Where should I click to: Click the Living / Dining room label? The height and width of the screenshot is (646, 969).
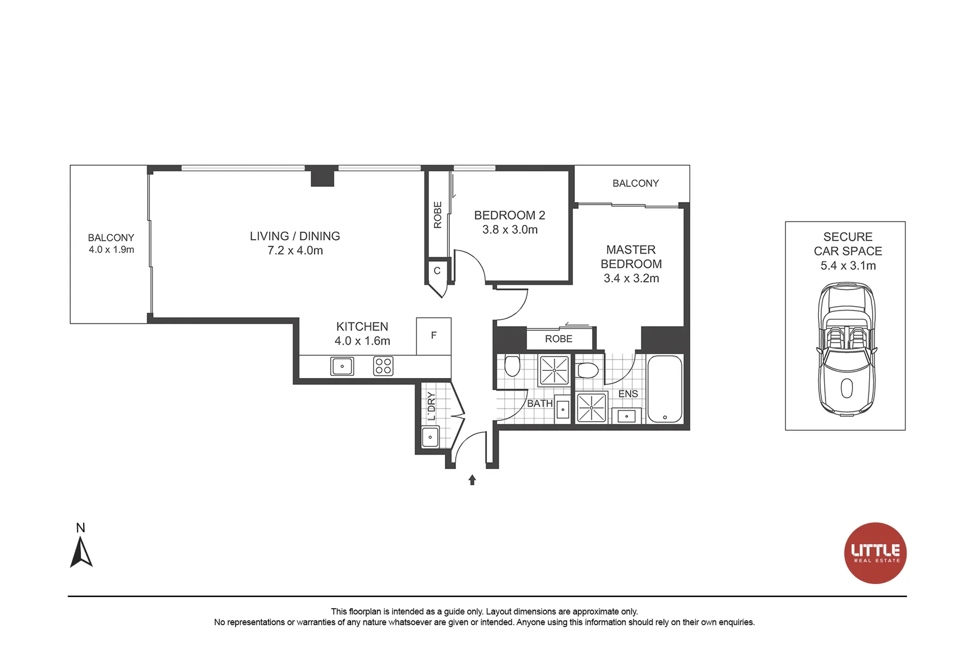(x=295, y=236)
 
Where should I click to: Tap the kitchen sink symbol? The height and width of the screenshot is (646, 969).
(x=342, y=366)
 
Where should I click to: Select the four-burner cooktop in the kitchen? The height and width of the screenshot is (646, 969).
(x=383, y=366)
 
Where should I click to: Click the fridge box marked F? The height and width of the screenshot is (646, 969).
(x=434, y=336)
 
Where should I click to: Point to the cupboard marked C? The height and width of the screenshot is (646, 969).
(x=437, y=271)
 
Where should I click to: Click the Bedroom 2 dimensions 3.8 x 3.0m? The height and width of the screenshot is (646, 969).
(x=510, y=230)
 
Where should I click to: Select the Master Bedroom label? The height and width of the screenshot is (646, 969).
(x=631, y=257)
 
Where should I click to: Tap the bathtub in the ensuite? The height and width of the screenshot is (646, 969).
(x=665, y=389)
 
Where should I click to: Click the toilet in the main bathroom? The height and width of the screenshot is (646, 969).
(x=512, y=365)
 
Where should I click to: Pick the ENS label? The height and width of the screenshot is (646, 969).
(x=628, y=394)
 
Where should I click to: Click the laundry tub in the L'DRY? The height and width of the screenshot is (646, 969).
(x=430, y=437)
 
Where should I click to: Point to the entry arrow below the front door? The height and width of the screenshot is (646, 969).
(x=472, y=480)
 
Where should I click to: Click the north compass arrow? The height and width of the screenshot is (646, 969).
(x=81, y=552)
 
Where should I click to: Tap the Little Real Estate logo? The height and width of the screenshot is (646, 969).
(x=875, y=553)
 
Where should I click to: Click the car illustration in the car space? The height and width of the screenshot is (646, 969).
(x=846, y=350)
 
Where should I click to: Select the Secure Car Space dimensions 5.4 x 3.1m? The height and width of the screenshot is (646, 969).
(x=848, y=266)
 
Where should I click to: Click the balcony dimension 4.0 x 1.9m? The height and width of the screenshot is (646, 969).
(x=111, y=250)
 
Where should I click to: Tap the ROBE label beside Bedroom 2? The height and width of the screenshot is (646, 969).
(x=437, y=215)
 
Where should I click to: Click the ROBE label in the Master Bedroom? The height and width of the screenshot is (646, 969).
(x=559, y=339)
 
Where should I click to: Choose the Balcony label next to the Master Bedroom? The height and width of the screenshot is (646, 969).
(x=635, y=184)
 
